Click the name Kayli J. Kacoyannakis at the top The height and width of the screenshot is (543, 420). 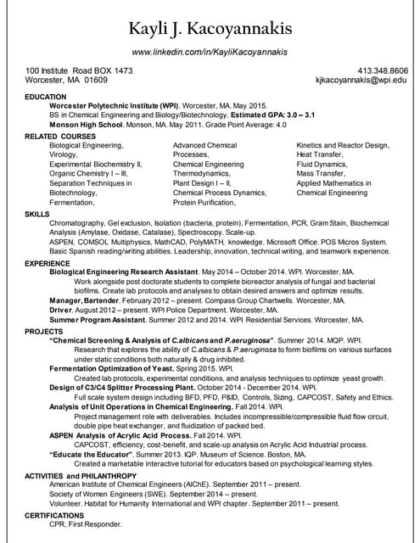(x=210, y=29)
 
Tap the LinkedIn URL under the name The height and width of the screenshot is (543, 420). (x=210, y=52)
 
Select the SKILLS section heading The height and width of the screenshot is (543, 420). (x=38, y=214)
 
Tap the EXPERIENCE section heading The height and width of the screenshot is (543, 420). (x=48, y=264)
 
